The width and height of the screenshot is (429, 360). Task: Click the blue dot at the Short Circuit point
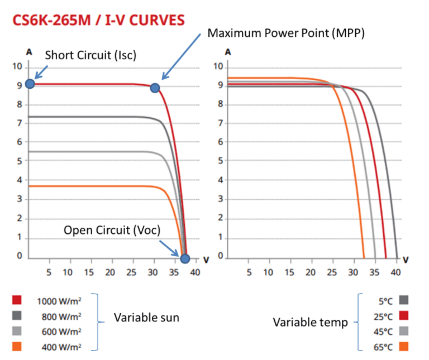[30, 84]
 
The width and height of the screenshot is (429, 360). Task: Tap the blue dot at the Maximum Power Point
[155, 88]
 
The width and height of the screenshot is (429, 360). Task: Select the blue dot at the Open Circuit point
[185, 258]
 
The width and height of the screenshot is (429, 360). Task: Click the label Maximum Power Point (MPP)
[286, 33]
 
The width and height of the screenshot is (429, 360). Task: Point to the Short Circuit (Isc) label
[90, 55]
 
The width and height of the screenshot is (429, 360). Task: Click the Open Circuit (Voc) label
[112, 230]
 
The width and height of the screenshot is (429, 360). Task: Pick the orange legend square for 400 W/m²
[17, 347]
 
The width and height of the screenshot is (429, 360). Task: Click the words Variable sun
[146, 318]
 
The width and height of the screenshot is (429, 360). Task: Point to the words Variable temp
[310, 322]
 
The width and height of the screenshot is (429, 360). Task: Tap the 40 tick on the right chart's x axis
[395, 272]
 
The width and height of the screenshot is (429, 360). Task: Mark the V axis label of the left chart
[206, 260]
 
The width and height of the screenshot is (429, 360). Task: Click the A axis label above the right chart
[228, 51]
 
